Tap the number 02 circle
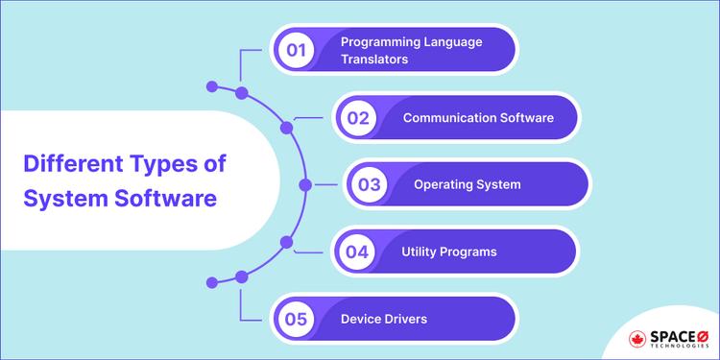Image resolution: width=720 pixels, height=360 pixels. pyautogui.click(x=358, y=118)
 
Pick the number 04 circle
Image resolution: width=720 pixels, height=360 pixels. pyautogui.click(x=358, y=252)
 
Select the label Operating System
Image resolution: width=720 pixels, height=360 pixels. pyautogui.click(x=468, y=184)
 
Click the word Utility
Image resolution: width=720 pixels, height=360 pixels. pyautogui.click(x=421, y=252)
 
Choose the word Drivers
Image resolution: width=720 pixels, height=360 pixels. pyautogui.click(x=406, y=319)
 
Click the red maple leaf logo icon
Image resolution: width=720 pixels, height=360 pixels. pyautogui.click(x=638, y=340)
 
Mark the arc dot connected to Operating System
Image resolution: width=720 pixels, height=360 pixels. pyautogui.click(x=305, y=184)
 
